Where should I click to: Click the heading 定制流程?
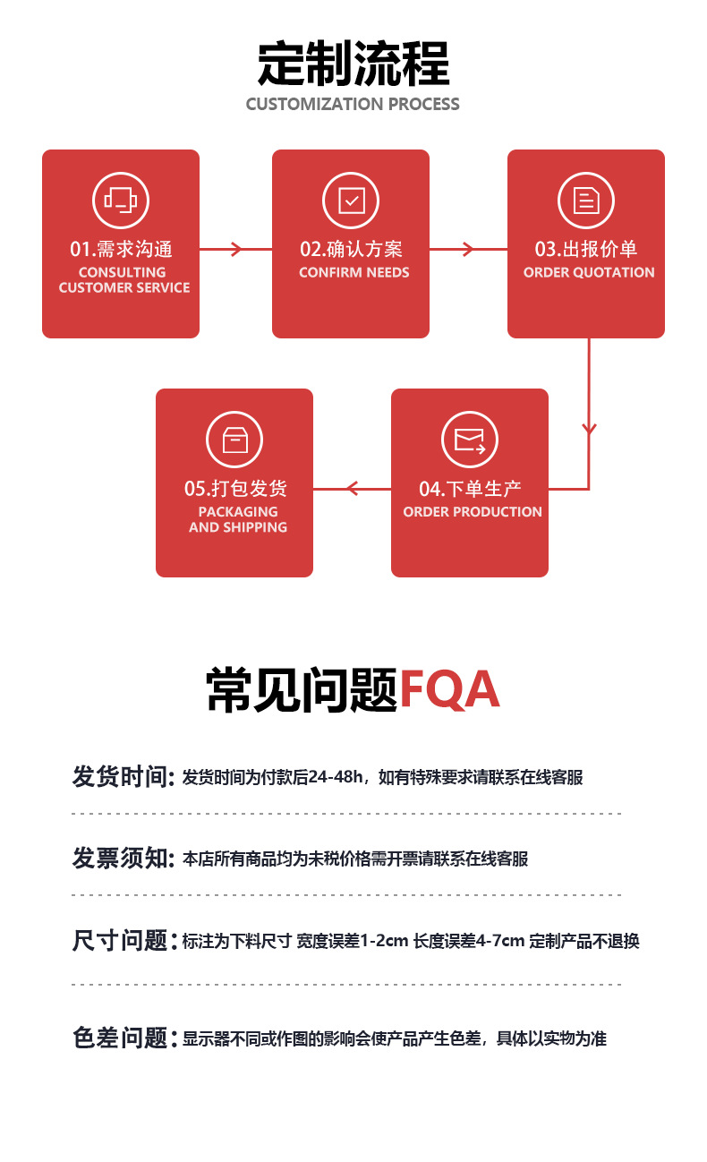tap(353, 64)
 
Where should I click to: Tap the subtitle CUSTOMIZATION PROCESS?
tap(353, 105)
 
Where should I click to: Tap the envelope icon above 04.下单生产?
tap(470, 440)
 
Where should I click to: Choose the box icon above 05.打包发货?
tap(234, 440)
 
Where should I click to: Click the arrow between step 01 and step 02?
tap(236, 249)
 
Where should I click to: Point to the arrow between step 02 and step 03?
tap(467, 249)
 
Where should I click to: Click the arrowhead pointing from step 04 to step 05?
tap(352, 489)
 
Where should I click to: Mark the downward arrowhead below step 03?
tap(589, 430)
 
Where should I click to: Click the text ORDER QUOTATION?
tap(589, 272)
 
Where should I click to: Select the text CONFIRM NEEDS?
tap(354, 272)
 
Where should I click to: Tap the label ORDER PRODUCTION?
tap(473, 512)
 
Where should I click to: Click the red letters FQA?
tap(448, 690)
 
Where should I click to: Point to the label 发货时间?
tap(122, 777)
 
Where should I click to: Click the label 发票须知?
tap(122, 859)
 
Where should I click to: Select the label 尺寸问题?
tap(122, 941)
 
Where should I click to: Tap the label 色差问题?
tap(122, 1038)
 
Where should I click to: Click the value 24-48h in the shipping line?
tap(335, 777)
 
